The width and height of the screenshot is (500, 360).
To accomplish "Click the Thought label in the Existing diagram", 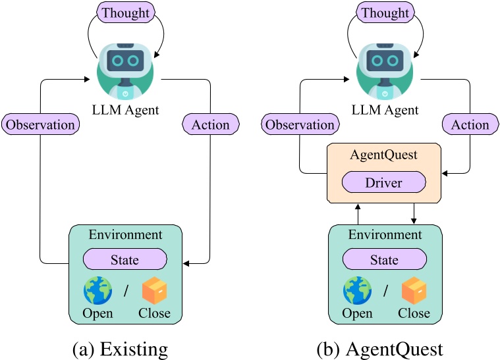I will point(125,12).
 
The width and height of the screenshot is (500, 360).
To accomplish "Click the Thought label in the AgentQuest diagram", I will point(384,12).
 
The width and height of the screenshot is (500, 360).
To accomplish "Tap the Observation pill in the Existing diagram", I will point(40,124).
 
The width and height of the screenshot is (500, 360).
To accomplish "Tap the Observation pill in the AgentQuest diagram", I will point(299,124).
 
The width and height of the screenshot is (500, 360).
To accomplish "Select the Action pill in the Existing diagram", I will point(210,124).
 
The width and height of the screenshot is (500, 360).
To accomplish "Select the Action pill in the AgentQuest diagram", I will point(470,124).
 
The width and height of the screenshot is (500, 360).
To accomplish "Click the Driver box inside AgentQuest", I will point(384,183).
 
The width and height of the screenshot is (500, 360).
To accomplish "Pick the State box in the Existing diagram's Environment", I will point(125,259).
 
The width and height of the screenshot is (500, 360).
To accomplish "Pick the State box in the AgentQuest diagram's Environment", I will point(384,259).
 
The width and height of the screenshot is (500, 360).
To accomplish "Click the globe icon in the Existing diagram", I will point(97,290).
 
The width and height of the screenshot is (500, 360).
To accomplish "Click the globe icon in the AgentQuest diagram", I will point(357,290).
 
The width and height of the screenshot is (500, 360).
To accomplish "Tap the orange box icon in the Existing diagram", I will point(155,290).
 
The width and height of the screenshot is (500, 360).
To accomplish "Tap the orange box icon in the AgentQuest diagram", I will point(414,290).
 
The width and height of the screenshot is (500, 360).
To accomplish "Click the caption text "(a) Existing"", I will point(125,346).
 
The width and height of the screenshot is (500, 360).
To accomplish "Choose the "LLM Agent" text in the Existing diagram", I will point(125,109).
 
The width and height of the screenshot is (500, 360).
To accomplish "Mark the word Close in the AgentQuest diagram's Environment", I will point(414,313).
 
